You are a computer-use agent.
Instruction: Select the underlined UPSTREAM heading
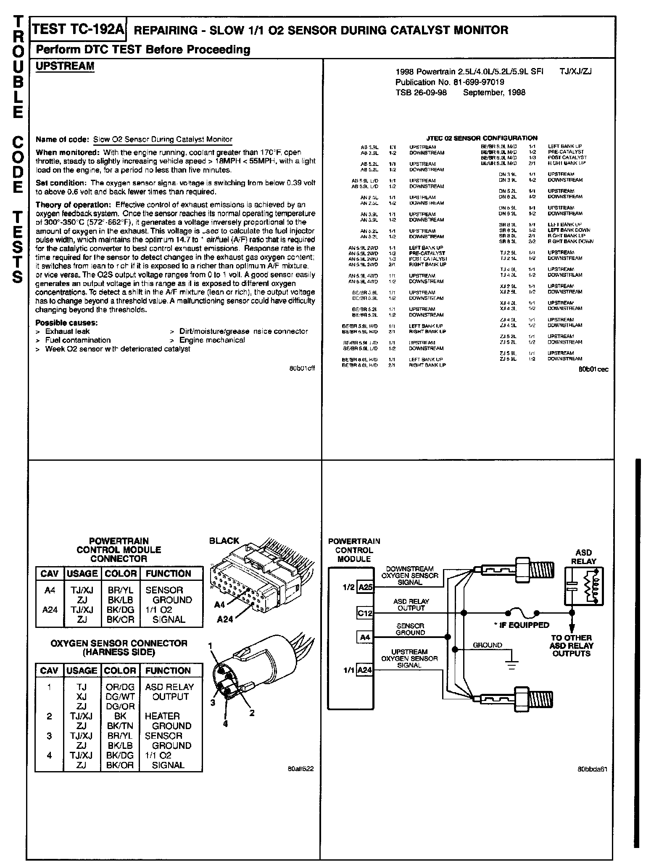point(65,66)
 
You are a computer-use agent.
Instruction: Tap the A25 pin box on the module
point(365,587)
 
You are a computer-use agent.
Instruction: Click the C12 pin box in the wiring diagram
point(365,613)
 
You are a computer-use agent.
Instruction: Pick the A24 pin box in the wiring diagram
point(364,670)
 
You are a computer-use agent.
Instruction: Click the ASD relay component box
point(583,586)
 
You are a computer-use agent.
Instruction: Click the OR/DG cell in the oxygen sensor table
point(120,687)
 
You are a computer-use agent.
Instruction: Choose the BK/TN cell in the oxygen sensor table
point(120,726)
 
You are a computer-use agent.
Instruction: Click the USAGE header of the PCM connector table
point(82,574)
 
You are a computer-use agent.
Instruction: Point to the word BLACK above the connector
point(224,541)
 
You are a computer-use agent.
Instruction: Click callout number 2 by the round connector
point(252,713)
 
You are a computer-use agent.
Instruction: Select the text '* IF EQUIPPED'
point(521,625)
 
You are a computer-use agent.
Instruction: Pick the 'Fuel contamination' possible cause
point(78,340)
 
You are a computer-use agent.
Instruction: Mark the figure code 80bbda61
point(593,769)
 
